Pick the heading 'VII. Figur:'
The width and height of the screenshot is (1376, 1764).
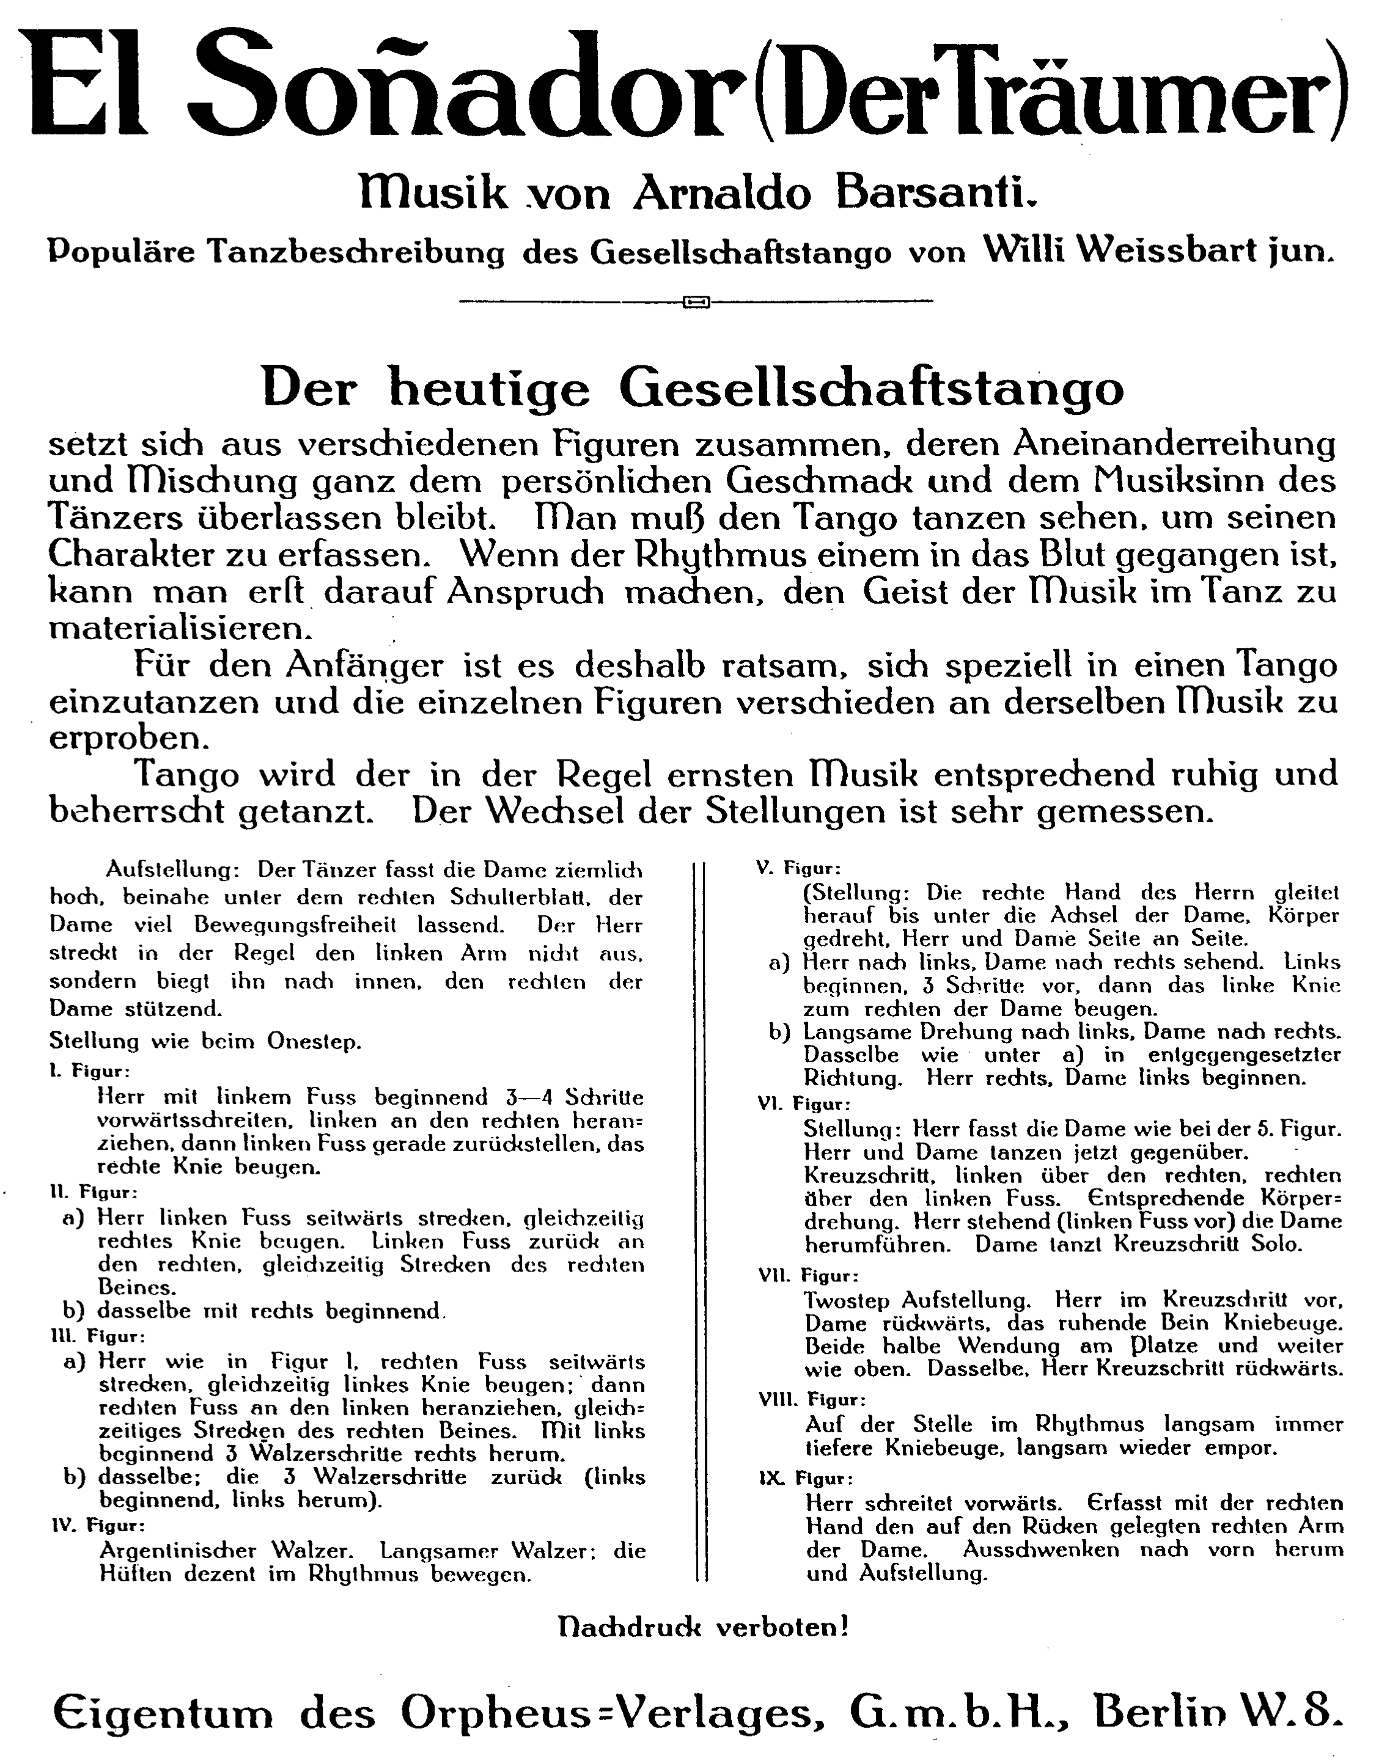808,1276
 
